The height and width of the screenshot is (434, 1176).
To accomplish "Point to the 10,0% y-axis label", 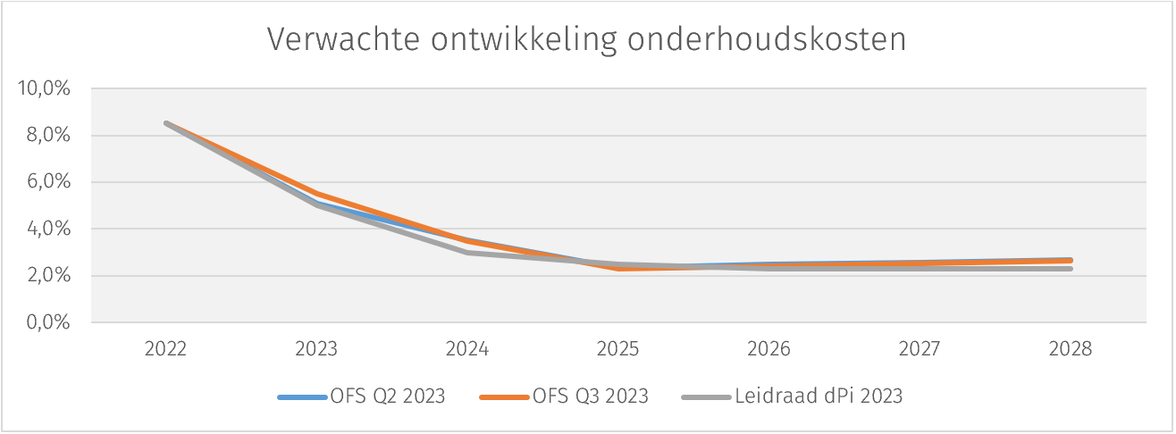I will point(44,89).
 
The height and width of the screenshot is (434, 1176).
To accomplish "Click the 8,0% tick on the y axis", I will point(47,136).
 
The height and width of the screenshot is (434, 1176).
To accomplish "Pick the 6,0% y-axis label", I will point(47,182).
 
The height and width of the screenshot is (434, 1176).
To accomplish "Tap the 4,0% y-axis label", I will point(47,229).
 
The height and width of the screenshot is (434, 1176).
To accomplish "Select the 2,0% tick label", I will point(47,276).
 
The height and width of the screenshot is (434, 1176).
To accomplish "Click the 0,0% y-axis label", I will point(47,322).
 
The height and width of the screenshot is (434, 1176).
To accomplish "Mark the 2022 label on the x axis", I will point(165,349).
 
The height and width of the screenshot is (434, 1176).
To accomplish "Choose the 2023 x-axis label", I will point(316,349).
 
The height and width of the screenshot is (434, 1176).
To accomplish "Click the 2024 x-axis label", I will point(467,349).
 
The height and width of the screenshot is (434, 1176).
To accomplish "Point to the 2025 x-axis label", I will point(618,349).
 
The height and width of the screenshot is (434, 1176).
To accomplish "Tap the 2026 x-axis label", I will point(769,349).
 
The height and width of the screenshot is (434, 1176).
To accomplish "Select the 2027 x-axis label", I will point(920,349).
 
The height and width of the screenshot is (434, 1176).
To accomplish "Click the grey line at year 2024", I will point(467,253).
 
